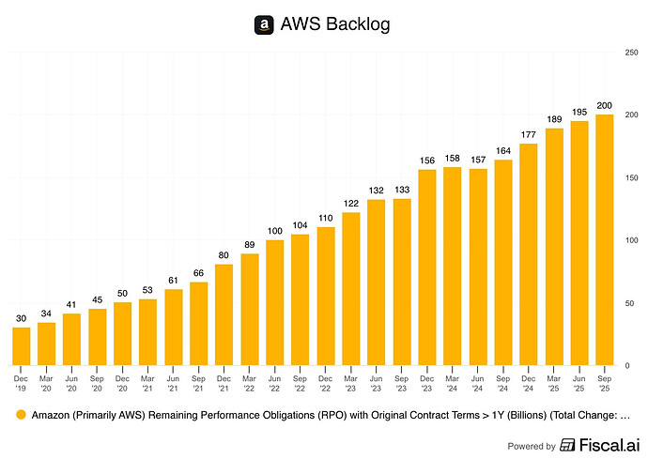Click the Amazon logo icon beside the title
click(264, 25)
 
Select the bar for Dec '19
click(22, 345)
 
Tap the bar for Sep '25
click(604, 239)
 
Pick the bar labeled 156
click(427, 267)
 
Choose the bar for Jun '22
click(275, 302)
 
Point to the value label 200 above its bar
click(604, 105)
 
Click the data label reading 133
click(402, 190)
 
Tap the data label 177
click(528, 134)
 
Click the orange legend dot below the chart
click(20, 414)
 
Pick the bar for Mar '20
click(47, 344)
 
